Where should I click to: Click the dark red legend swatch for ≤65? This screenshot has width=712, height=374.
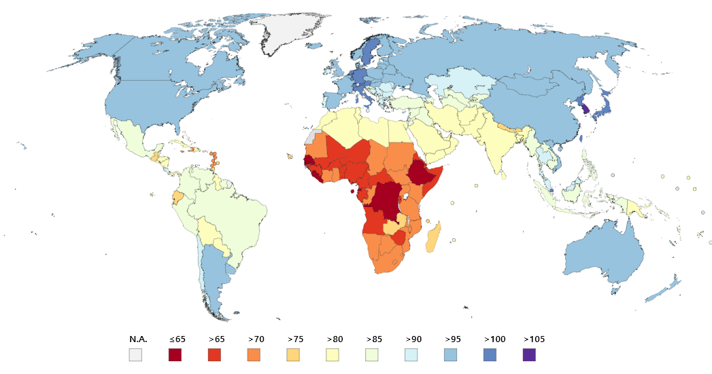tap(175, 354)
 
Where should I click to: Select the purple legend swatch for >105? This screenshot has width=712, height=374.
tap(529, 354)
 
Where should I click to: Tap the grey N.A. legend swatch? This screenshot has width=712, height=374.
tap(136, 354)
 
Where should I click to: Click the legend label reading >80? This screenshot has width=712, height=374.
tap(335, 339)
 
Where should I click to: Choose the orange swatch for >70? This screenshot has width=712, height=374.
tap(254, 354)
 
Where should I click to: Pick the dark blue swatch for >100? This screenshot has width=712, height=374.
tap(490, 354)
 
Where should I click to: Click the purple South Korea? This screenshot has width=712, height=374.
tap(585, 109)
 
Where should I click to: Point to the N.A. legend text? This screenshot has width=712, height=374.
tap(138, 339)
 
